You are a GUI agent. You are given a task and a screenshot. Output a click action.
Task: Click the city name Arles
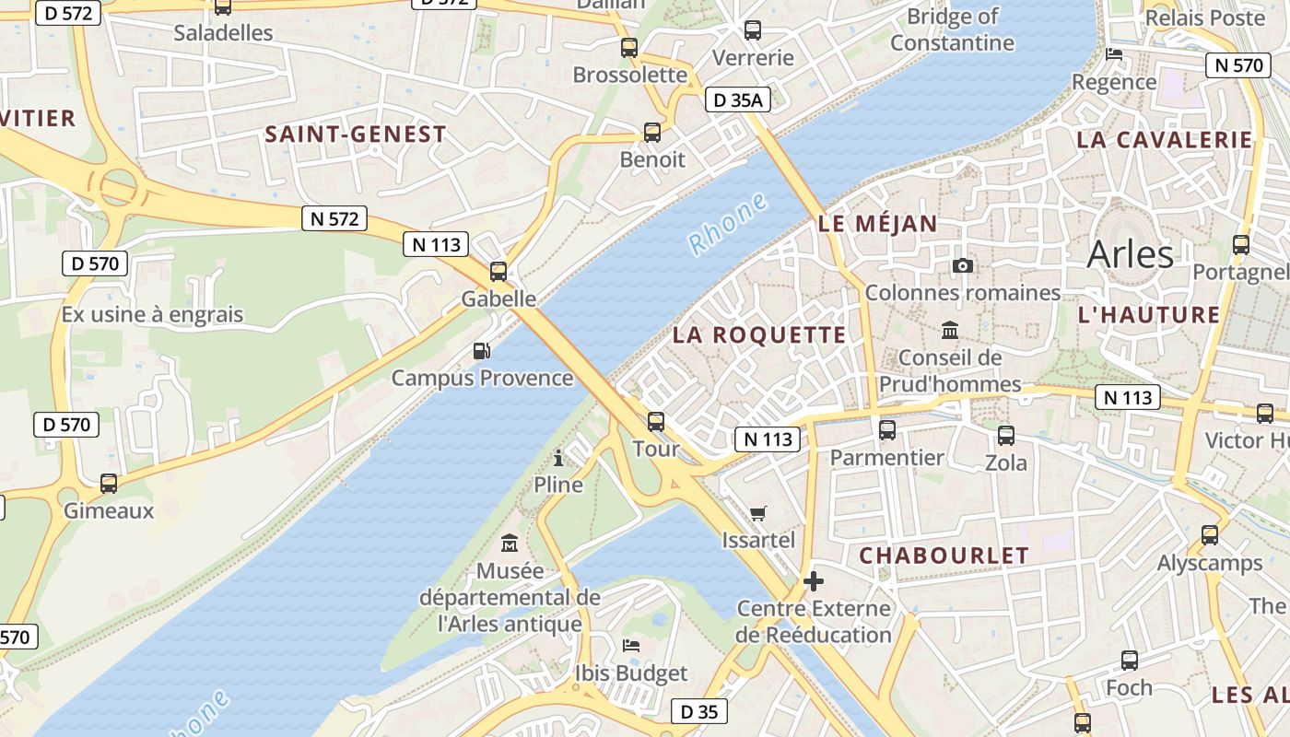coord(1130,254)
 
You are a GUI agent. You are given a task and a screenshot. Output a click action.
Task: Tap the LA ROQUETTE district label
coord(758,334)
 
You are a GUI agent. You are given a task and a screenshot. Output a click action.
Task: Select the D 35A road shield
coord(737,100)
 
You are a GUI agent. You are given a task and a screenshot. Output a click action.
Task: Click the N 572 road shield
coord(334,218)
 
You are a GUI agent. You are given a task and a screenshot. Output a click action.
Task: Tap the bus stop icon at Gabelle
coord(498,272)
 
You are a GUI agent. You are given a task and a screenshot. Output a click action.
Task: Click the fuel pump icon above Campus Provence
coord(481,351)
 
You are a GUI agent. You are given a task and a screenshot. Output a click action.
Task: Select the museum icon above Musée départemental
coord(509,544)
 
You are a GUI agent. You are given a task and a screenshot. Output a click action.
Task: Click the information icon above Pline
coord(558,457)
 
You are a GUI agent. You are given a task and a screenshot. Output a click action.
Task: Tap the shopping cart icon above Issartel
coord(757,513)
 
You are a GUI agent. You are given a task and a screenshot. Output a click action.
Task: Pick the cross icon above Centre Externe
coord(813,581)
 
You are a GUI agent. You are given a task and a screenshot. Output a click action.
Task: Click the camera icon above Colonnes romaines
coord(962,266)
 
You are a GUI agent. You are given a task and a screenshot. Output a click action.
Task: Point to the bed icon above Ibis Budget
coord(631,646)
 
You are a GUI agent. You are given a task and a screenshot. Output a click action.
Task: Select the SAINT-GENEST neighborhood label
coord(356,135)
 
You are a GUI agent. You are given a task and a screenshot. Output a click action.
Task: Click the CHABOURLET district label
coord(944,556)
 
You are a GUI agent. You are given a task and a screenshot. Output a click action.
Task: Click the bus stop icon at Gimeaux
coord(109,484)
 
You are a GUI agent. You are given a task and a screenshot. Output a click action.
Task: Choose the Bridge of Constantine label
coord(952,29)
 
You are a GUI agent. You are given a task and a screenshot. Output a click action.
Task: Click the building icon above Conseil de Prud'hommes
coord(950,330)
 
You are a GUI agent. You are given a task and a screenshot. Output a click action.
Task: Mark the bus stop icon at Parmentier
coord(887,429)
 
